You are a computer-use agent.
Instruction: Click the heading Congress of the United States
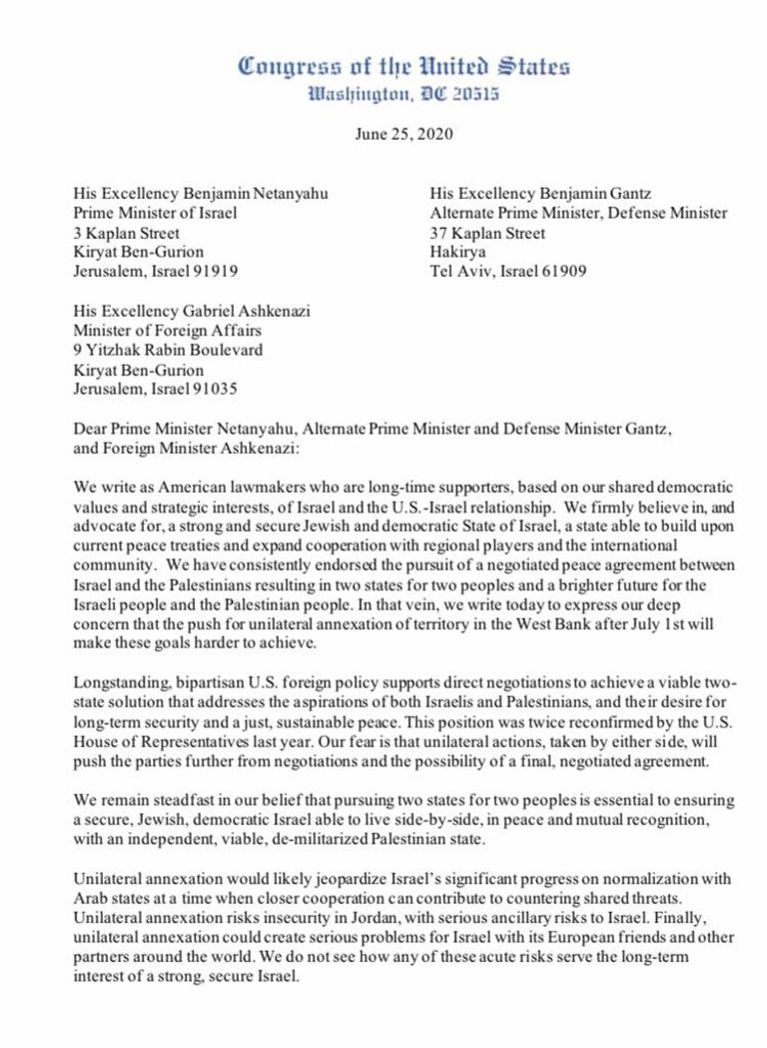404,68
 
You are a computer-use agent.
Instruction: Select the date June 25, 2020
403,136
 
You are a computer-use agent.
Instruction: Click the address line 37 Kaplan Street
488,232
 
